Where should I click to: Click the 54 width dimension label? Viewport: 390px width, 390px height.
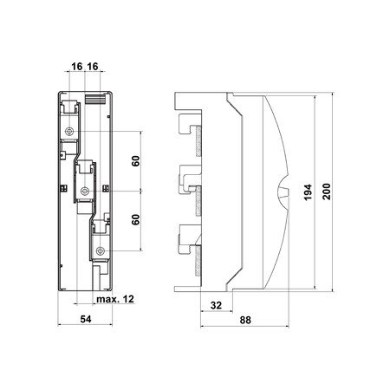[86, 319]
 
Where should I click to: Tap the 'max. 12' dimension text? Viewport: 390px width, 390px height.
[115, 299]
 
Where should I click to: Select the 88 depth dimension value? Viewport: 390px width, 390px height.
[245, 320]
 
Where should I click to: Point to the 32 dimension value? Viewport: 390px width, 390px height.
[216, 305]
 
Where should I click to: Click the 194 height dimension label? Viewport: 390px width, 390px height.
[308, 192]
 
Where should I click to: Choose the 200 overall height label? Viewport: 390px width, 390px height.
[327, 192]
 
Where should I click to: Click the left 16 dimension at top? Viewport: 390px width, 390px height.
[77, 67]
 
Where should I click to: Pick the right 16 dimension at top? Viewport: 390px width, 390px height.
[93, 67]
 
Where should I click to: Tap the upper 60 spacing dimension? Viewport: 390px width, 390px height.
[136, 161]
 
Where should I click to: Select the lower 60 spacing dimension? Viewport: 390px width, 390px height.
[136, 219]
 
